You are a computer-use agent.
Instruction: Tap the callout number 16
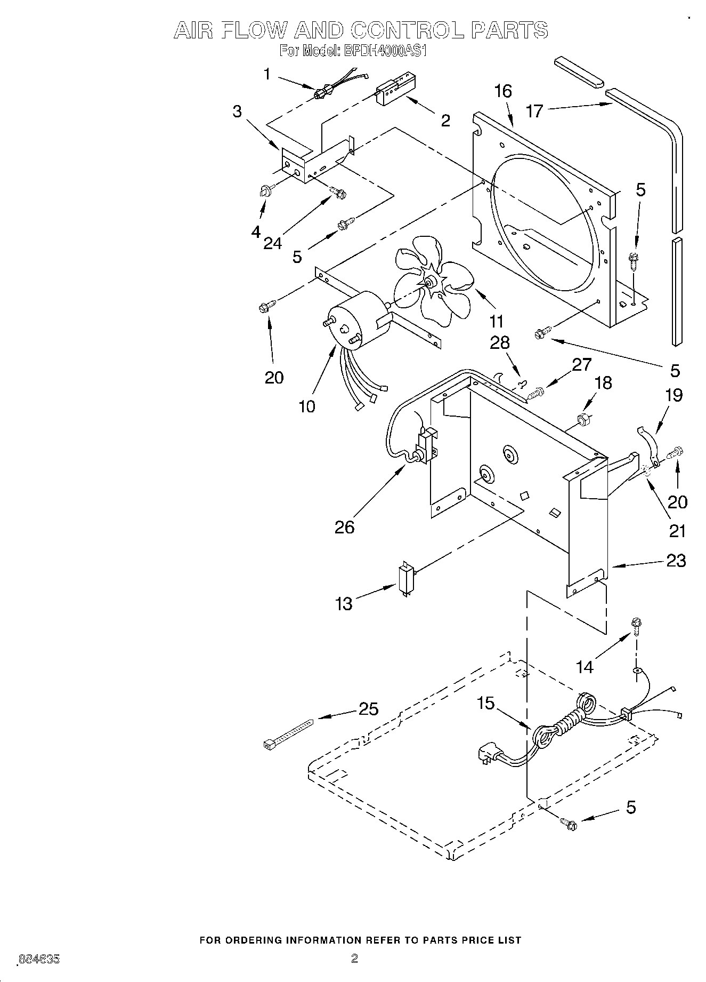tap(502, 91)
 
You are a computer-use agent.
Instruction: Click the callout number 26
tap(344, 527)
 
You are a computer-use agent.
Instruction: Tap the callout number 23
tap(676, 561)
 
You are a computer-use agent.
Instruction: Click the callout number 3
tap(237, 111)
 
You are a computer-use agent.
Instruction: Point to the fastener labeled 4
tap(265, 190)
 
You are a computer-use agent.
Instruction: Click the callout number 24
tap(272, 243)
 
